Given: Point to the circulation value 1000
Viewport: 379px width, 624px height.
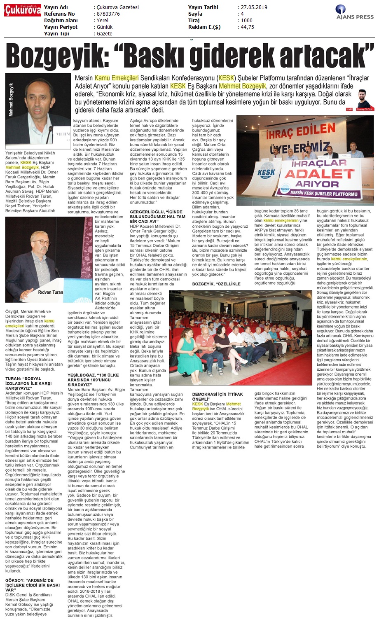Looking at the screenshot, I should click(x=247, y=21).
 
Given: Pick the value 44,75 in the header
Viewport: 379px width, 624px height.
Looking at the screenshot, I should click(x=247, y=27).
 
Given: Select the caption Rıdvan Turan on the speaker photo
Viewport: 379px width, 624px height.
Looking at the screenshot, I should click(x=50, y=292).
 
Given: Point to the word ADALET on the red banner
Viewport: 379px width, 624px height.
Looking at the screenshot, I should click(x=313, y=173).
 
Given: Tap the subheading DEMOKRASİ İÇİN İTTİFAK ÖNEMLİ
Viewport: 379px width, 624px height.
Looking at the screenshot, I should click(x=217, y=397).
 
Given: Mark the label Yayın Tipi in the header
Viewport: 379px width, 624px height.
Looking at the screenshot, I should click(x=56, y=34).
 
